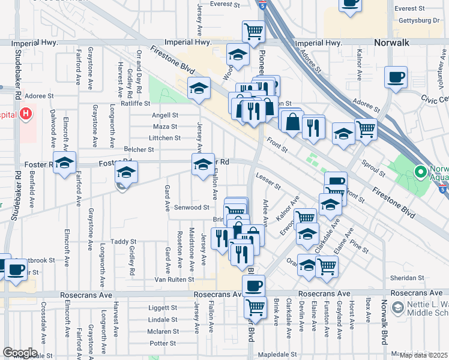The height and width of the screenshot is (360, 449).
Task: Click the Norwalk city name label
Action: pos(392,43)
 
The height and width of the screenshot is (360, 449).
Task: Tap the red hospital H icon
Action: pos(26,113)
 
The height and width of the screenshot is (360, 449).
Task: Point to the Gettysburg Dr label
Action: pos(419,20)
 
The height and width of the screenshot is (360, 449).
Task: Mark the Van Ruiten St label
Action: pos(174,279)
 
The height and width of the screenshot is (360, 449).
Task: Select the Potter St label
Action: pos(163,343)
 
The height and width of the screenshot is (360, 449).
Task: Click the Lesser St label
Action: pos(268,181)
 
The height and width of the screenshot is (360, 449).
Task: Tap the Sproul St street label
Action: pos(373,169)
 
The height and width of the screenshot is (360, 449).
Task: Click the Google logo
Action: pos(20,353)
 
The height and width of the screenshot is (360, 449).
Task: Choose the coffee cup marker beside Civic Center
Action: pos(396,77)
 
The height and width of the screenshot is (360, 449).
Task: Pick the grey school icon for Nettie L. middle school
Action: pos(397,309)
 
